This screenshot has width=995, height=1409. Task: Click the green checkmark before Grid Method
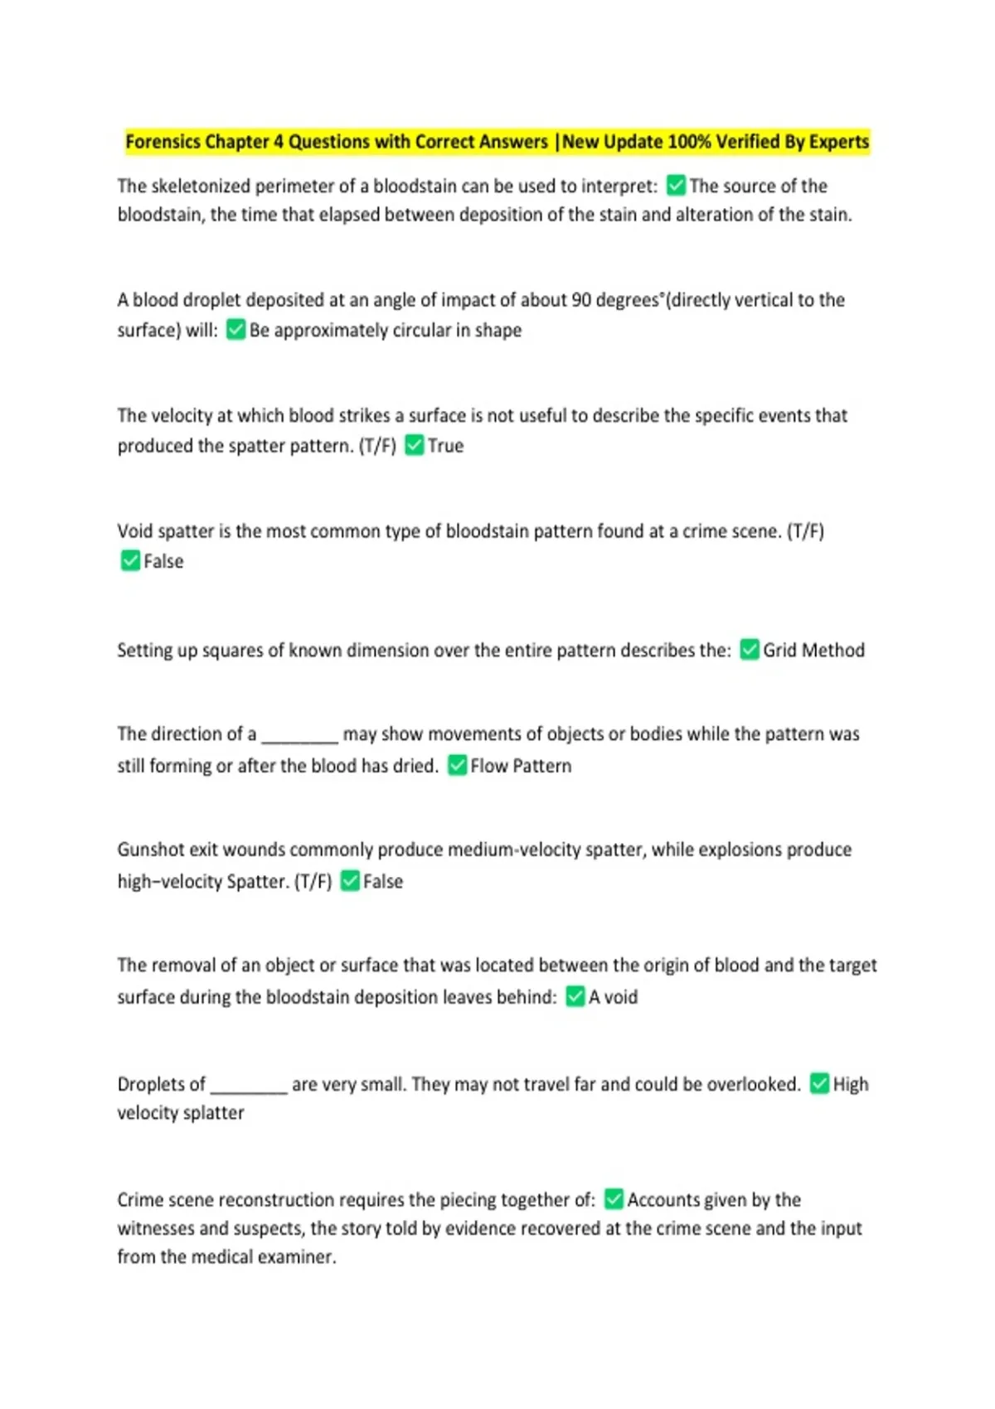coord(750,650)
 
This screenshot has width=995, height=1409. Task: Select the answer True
coord(445,446)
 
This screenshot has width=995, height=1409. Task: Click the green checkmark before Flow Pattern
coord(458,765)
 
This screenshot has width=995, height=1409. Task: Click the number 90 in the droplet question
coord(582,300)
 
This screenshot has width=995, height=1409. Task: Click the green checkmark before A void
coord(575,996)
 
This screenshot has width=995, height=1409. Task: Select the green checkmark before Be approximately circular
coord(236,330)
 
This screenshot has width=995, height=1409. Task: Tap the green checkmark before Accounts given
coord(614,1199)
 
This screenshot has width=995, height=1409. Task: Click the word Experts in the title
coord(838,142)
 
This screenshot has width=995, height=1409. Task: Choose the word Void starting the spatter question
coord(135,531)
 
